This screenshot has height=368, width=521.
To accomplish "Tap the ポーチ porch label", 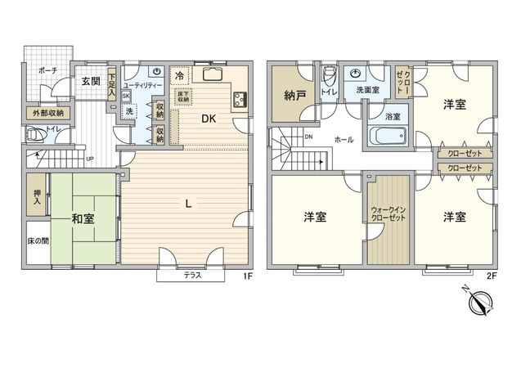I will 47,71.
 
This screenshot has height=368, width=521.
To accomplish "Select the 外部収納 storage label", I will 47,112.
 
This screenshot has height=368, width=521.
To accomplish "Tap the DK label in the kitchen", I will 209,119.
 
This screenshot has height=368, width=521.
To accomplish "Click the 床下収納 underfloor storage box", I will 182,94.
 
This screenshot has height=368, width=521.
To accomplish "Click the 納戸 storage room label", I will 295,96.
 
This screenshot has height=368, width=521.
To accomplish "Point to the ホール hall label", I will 344,139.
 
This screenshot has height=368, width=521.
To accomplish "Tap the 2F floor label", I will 492,276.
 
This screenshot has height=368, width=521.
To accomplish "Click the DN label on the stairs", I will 308,137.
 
